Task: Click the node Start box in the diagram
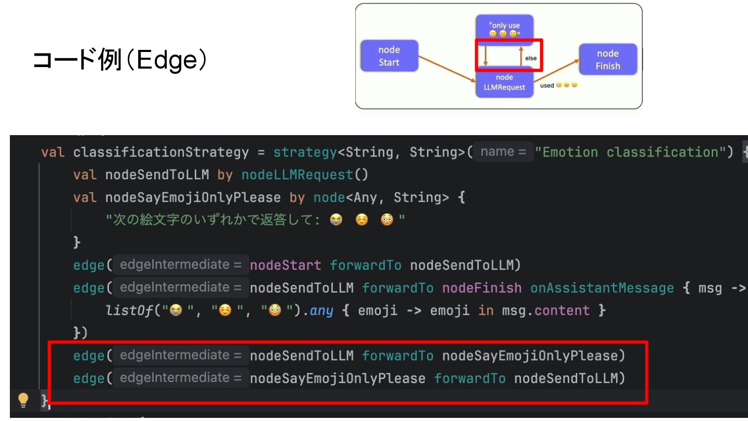coord(389,56)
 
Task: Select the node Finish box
coord(608,60)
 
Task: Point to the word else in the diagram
coord(530,58)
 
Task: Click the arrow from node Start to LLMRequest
coord(447,69)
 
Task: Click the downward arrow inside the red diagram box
coord(485,55)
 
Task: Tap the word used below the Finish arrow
coord(546,86)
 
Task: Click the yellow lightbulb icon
coord(23,399)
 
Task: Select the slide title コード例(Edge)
coord(120,61)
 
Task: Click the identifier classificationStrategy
coord(161,152)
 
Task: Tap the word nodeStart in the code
coord(286,266)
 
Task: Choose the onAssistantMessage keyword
coord(602,288)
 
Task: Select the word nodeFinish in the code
coord(482,288)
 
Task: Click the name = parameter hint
coord(503,152)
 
